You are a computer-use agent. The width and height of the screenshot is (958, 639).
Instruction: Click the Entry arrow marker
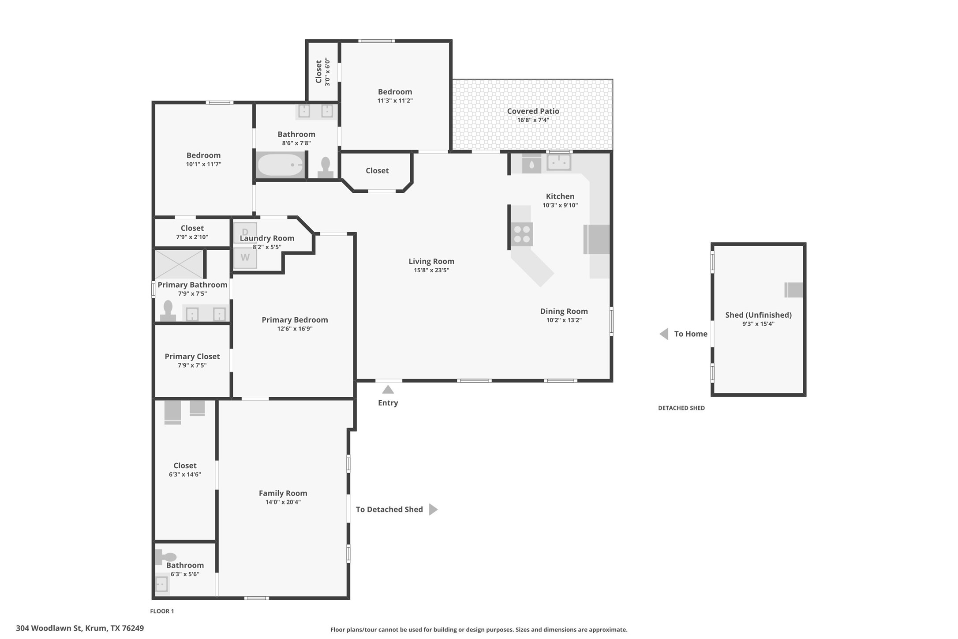[388, 389]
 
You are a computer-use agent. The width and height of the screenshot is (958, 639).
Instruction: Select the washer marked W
[245, 258]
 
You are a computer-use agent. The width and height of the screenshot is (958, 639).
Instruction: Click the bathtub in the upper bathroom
[281, 165]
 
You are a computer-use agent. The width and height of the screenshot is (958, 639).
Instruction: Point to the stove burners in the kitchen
[522, 234]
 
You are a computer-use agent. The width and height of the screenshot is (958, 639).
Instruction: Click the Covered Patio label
[533, 111]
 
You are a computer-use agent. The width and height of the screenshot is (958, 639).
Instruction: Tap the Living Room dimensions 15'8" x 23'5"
[431, 270]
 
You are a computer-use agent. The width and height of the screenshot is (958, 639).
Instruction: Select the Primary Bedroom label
[295, 320]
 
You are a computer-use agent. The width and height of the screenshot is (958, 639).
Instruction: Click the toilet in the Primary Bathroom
[168, 311]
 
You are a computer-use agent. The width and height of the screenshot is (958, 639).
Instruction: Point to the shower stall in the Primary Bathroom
[180, 264]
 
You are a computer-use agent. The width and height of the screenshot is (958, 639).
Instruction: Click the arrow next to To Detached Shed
[433, 509]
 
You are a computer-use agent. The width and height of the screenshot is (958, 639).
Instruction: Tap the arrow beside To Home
[664, 334]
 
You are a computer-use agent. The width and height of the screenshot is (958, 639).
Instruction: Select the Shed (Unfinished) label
[758, 315]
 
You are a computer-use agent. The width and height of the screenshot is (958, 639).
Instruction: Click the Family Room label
[283, 493]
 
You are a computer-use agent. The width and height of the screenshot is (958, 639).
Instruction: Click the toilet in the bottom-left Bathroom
[166, 557]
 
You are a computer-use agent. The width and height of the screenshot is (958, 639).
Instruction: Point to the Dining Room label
[564, 311]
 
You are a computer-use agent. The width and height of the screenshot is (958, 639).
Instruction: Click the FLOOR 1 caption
[162, 611]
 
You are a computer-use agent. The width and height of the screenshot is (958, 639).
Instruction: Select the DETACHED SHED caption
[681, 408]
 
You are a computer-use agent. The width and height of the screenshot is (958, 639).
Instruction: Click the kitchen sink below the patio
[559, 162]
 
